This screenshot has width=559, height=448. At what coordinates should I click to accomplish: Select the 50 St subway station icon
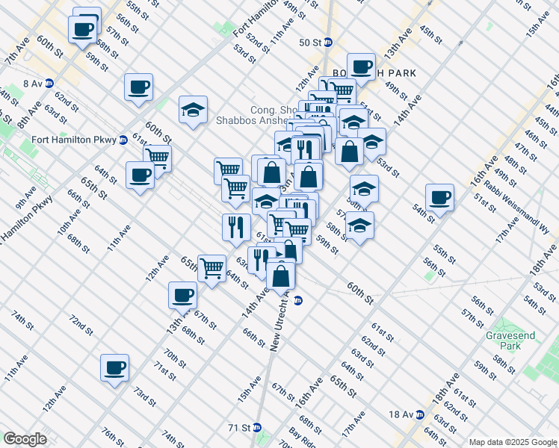[328, 43]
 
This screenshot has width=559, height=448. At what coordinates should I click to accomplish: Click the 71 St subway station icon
[257, 428]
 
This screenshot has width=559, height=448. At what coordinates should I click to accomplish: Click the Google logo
[25, 439]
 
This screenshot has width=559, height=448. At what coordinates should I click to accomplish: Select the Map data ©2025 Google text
[512, 442]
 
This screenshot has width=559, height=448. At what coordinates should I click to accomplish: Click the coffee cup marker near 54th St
[440, 198]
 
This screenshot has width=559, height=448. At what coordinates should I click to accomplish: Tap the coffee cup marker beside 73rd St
[115, 367]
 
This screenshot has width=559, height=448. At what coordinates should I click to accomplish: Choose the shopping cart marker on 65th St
[212, 267]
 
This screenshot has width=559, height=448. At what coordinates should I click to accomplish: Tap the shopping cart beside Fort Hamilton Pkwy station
[157, 157]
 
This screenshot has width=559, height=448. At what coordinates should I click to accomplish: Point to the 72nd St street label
[81, 325]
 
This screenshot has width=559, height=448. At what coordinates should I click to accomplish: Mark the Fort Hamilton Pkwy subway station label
[73, 140]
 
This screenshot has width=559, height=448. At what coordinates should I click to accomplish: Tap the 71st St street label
[164, 368]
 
